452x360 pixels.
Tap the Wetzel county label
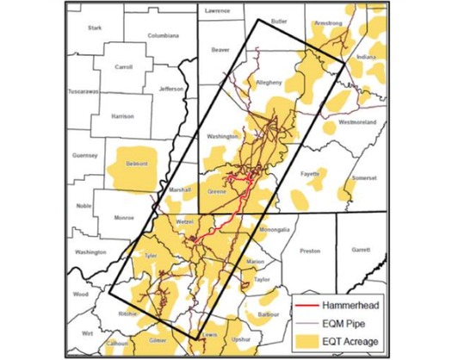point(186,222)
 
